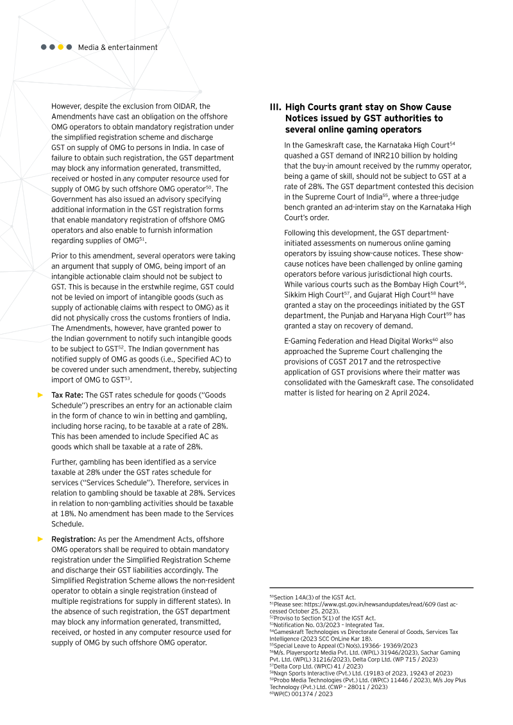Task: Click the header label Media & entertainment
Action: pyautogui.click(x=117, y=47)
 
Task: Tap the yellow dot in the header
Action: pyautogui.click(x=61, y=47)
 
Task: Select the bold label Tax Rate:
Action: pyautogui.click(x=67, y=395)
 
